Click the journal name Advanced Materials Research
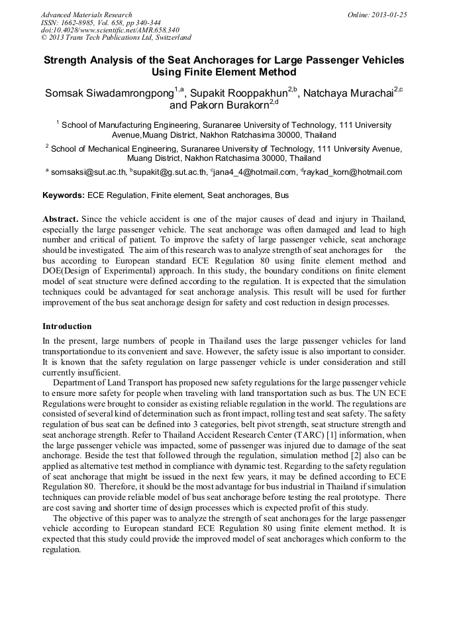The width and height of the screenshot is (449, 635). (x=86, y=15)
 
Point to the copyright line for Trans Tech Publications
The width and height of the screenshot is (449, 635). (x=116, y=38)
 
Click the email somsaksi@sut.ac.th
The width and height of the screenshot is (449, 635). (x=88, y=173)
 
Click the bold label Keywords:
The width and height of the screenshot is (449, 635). (x=64, y=196)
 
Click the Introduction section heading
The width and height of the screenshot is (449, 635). (x=67, y=326)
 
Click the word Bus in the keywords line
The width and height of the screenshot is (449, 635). (x=281, y=196)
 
